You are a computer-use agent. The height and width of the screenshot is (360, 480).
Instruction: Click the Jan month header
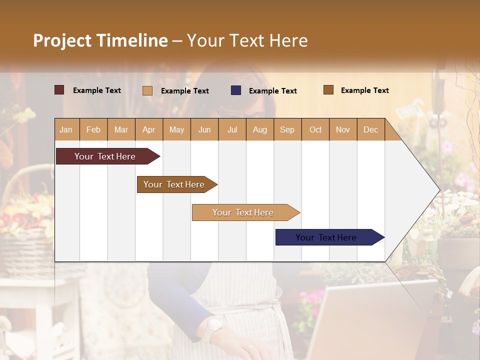pos(66,129)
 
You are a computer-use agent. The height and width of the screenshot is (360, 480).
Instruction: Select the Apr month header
pos(149,129)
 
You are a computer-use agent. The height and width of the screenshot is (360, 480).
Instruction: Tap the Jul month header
pos(232,129)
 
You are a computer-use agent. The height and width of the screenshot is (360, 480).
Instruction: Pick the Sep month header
pos(287,129)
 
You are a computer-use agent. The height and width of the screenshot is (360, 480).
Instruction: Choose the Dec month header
pos(370,129)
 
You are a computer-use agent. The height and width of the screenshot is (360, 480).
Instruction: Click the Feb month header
pos(93,129)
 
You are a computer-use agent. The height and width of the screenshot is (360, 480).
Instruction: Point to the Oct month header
pos(315,129)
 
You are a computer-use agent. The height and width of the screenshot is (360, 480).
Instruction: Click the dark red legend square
pos(59,90)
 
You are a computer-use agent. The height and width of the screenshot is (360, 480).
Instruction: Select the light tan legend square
pos(147,90)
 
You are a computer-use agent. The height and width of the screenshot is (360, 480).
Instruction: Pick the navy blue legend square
pos(236,90)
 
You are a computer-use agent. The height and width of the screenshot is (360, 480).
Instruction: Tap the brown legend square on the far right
pos(328,90)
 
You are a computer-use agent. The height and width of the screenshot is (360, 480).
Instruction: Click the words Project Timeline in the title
pos(100,40)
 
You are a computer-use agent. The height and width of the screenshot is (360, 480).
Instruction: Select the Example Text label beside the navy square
pos(272,90)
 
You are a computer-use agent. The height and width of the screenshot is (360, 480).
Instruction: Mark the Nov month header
pos(343,129)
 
